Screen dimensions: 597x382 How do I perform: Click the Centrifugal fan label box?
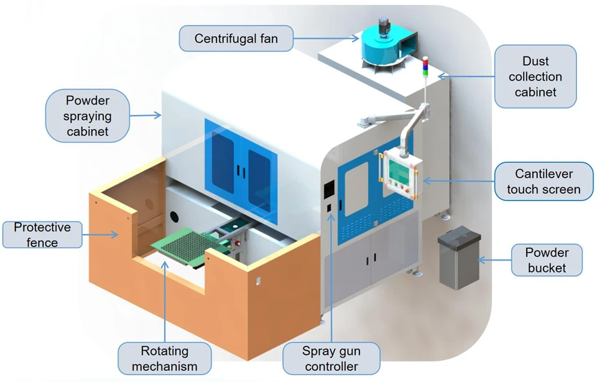pyautogui.click(x=236, y=39)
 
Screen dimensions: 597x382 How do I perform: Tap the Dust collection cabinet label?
pyautogui.click(x=535, y=77)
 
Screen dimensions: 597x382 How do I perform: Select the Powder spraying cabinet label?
pyautogui.click(x=88, y=116)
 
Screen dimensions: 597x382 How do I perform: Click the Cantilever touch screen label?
pyautogui.click(x=544, y=181)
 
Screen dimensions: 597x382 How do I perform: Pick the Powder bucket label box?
pyautogui.click(x=547, y=260)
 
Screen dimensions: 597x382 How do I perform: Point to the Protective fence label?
pyautogui.click(x=42, y=235)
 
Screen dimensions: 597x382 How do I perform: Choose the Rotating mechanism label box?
pyautogui.click(x=164, y=358)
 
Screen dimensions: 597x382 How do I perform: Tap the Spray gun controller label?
pyautogui.click(x=331, y=358)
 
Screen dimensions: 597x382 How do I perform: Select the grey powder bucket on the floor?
pyautogui.click(x=459, y=257)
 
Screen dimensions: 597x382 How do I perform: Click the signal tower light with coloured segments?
pyautogui.click(x=425, y=67)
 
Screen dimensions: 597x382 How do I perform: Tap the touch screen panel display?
pyautogui.click(x=398, y=171)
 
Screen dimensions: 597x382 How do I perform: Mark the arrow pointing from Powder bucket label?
pyautogui.click(x=494, y=261)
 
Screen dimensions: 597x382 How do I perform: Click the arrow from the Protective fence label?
pyautogui.click(x=100, y=235)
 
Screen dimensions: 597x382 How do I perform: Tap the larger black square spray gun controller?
pyautogui.click(x=329, y=189)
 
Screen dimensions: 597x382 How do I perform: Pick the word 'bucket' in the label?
pyautogui.click(x=547, y=268)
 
